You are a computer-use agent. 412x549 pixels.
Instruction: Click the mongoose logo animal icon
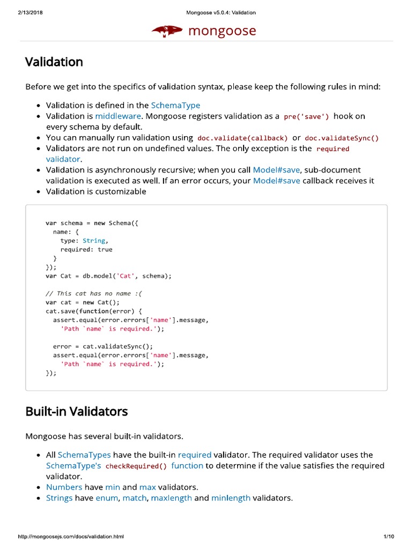tap(167, 32)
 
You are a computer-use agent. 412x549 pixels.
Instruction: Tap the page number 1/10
tap(389, 537)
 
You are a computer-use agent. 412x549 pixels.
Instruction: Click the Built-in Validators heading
tap(76, 412)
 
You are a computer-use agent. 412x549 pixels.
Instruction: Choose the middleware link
tap(118, 116)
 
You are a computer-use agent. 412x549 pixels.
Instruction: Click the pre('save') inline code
tap(306, 116)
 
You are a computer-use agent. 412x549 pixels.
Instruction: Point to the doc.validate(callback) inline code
tap(242, 138)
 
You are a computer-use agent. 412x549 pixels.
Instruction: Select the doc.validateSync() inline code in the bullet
tap(342, 138)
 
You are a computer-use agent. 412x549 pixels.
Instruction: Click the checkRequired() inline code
tap(136, 466)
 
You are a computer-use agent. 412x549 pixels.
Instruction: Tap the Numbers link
tap(64, 487)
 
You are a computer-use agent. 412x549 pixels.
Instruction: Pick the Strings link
tap(59, 498)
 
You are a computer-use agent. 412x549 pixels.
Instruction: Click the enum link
tap(107, 498)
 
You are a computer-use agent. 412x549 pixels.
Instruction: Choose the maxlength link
tap(171, 498)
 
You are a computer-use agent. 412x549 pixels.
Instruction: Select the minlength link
tap(231, 498)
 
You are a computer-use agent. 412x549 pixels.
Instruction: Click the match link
tap(134, 498)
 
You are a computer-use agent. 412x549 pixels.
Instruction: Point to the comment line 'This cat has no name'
tap(94, 293)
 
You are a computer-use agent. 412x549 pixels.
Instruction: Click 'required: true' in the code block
tap(86, 249)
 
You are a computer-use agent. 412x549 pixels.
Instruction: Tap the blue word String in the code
tap(94, 241)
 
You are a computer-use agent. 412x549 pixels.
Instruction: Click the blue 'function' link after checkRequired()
tap(187, 465)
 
